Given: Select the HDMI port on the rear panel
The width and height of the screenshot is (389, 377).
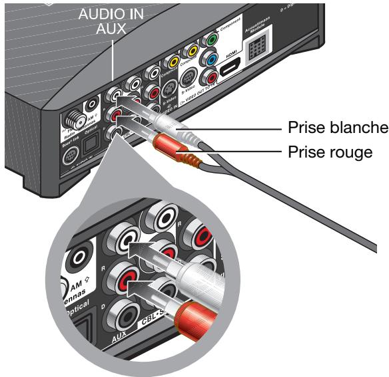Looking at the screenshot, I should (230, 66).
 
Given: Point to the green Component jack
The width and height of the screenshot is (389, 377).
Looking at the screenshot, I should (212, 39).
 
